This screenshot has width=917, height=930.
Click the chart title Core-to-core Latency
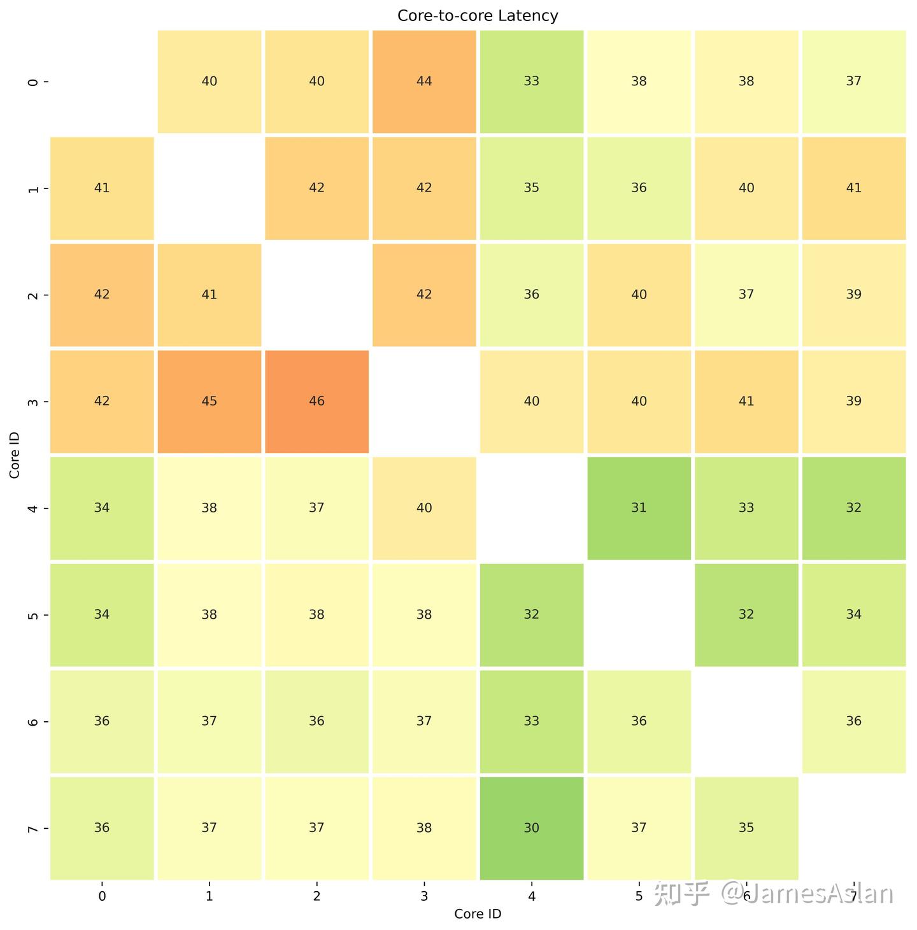tap(478, 15)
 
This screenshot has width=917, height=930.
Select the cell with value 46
tap(316, 401)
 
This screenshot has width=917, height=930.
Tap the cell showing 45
tap(209, 401)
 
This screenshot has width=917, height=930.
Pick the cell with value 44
tap(424, 81)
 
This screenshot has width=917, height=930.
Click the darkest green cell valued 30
tap(531, 828)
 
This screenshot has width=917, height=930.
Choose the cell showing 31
tap(639, 508)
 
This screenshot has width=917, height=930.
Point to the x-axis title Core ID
tap(478, 914)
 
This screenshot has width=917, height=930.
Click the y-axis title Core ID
tap(15, 455)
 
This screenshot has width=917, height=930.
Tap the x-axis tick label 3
tap(424, 896)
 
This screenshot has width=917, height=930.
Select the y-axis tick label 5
tap(34, 615)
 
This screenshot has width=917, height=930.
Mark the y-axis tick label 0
tap(34, 81)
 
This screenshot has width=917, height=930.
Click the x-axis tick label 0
tap(102, 896)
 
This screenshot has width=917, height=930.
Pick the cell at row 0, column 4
tap(531, 81)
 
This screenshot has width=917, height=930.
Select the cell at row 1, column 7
tap(853, 188)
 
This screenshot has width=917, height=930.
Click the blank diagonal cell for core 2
tap(316, 295)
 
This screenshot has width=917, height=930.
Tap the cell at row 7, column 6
tap(746, 828)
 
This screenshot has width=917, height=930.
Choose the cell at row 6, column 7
tap(853, 721)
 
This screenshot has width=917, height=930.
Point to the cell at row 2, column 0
tap(102, 295)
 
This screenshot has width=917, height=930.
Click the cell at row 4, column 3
tap(424, 508)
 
